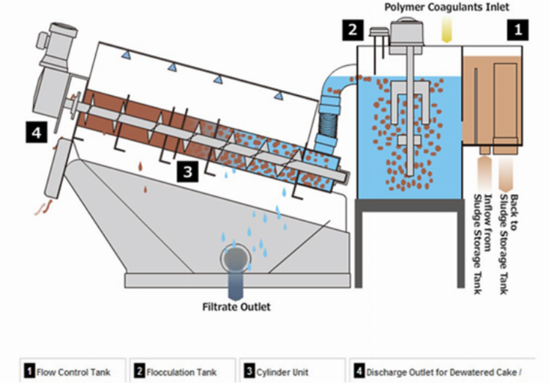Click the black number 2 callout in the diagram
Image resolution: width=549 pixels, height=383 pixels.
(x=352, y=29)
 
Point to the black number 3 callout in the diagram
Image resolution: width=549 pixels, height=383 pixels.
(x=188, y=172)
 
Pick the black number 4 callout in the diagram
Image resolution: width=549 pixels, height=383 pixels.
(x=34, y=133)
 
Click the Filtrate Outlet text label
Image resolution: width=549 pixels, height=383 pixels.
(x=236, y=307)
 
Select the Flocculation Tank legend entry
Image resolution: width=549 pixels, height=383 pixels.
(x=184, y=372)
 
